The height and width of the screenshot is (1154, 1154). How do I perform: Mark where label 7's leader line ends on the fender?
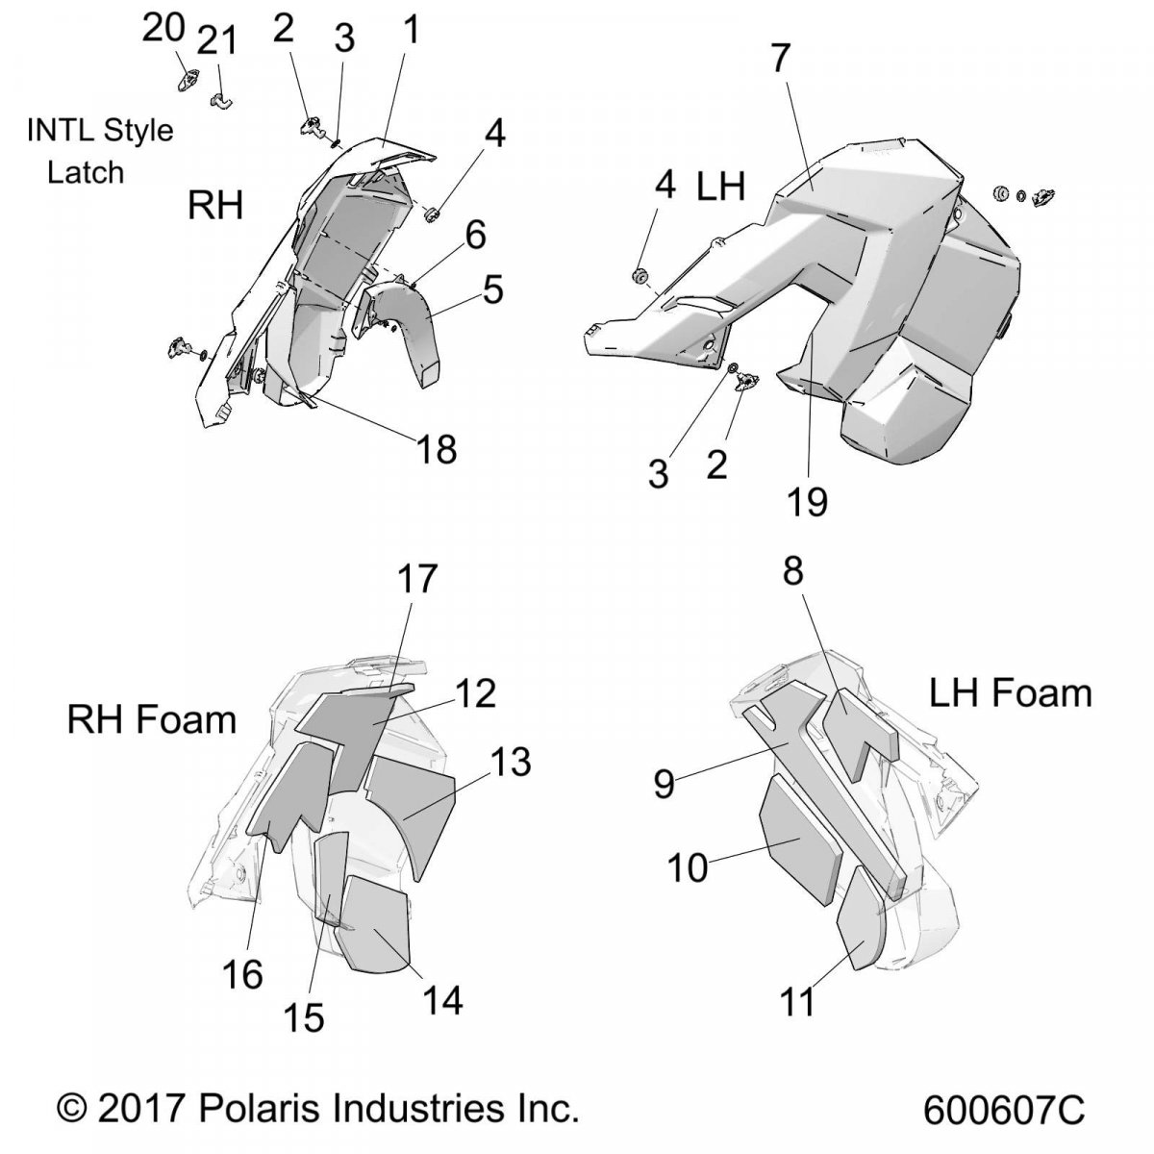pyautogui.click(x=813, y=188)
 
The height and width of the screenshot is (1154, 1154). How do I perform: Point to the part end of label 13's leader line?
pyautogui.click(x=406, y=818)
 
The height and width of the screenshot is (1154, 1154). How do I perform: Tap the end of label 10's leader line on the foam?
pyautogui.click(x=800, y=840)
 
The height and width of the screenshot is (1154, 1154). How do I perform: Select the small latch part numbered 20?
pyautogui.click(x=188, y=80)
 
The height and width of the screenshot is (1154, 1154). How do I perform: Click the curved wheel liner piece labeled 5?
pyautogui.click(x=397, y=333)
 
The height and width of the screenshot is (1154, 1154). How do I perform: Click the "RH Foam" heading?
pyautogui.click(x=152, y=720)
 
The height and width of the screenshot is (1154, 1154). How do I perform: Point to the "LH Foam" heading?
pyautogui.click(x=1011, y=693)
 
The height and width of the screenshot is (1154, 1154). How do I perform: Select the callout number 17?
pyautogui.click(x=417, y=579)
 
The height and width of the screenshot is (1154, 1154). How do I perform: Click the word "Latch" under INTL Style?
pyautogui.click(x=86, y=172)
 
